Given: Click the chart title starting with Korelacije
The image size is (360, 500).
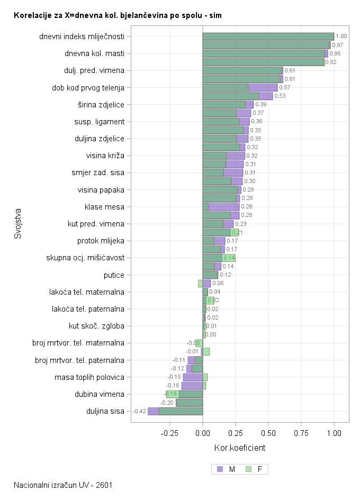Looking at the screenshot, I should pyautogui.click(x=118, y=16).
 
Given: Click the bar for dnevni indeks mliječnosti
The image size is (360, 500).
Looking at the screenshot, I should pyautogui.click(x=268, y=37).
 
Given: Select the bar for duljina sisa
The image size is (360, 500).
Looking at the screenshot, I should pyautogui.click(x=175, y=411).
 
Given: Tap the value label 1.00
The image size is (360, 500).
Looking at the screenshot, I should pyautogui.click(x=341, y=37).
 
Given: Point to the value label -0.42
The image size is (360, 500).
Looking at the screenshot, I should pyautogui.click(x=139, y=411).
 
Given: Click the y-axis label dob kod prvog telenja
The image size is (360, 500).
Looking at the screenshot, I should pyautogui.click(x=88, y=87).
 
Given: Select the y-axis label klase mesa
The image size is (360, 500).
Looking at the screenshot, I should pyautogui.click(x=104, y=206).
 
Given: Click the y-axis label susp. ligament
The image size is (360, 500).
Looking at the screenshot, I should pyautogui.click(x=99, y=122).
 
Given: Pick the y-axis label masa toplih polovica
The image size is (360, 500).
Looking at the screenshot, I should pyautogui.click(x=89, y=377).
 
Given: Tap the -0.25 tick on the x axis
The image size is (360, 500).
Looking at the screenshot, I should pyautogui.click(x=169, y=432).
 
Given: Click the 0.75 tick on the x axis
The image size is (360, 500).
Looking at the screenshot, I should pyautogui.click(x=301, y=432).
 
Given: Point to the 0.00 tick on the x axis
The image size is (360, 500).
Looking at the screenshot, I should pyautogui.click(x=203, y=432).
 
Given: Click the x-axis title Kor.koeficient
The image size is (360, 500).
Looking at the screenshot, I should pyautogui.click(x=239, y=448).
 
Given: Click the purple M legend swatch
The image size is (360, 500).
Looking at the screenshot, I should pyautogui.click(x=220, y=469).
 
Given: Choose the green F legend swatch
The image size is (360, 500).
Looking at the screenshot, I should pyautogui.click(x=249, y=469).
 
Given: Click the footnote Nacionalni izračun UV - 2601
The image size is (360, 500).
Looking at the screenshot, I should pyautogui.click(x=63, y=485).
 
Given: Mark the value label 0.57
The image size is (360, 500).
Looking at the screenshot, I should pyautogui.click(x=284, y=87).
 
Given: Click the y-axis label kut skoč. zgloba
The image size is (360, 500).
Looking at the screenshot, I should pyautogui.click(x=96, y=326).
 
